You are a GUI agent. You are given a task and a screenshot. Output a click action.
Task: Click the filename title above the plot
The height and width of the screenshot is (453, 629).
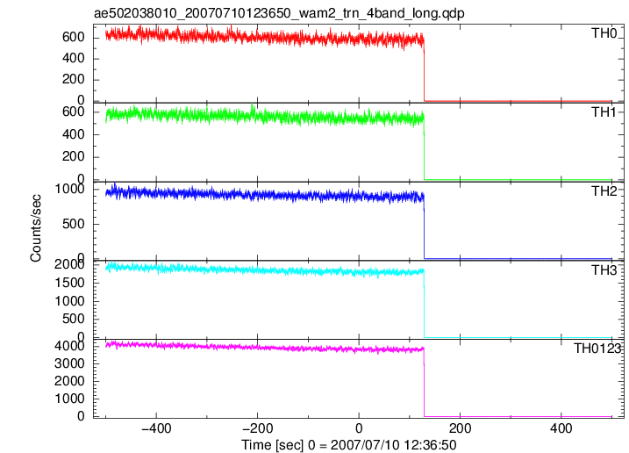coord(279,13)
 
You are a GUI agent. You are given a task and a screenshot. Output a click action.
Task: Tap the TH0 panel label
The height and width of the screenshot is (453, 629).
coord(604,33)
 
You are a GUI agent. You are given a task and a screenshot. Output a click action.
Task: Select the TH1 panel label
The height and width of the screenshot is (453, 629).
coord(604,112)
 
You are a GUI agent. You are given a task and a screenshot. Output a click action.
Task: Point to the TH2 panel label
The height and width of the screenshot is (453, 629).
coord(604,191)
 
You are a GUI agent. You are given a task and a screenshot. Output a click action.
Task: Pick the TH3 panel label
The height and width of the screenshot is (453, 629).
coord(604,270)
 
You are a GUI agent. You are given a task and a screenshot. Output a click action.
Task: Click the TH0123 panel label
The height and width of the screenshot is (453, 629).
coord(597,349)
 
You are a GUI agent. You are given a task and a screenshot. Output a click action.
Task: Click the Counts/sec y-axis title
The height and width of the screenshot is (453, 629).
coord(36,228)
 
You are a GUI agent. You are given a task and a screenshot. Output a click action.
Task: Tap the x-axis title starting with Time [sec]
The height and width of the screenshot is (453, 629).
coord(348,445)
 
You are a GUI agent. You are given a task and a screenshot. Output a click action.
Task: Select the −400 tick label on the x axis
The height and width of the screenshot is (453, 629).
coord(156,428)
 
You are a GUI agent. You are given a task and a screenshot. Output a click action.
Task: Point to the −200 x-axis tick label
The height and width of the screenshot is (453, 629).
coord(258,428)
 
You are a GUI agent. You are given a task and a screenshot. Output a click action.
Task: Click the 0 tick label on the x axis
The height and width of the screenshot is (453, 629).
coord(359,428)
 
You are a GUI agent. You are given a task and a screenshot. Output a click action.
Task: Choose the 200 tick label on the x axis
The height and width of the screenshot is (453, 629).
coord(460,428)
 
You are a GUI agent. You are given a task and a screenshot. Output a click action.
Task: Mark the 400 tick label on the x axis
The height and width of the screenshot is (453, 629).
coord(561,428)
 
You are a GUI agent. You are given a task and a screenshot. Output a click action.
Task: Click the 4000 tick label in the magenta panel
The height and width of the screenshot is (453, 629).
coord(69,346)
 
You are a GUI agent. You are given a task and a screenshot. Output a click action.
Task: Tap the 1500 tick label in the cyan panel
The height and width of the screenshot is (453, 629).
coord(69,283)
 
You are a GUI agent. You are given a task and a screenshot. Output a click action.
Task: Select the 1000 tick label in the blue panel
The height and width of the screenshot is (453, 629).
coord(69,189)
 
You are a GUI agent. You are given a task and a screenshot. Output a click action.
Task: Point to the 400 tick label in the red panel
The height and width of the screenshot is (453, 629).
coord(74,59)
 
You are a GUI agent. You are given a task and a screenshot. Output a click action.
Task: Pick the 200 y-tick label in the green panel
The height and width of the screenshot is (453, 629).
coord(74,156)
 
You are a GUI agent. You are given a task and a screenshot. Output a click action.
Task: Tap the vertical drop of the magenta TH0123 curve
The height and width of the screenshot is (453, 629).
coord(424,382)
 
